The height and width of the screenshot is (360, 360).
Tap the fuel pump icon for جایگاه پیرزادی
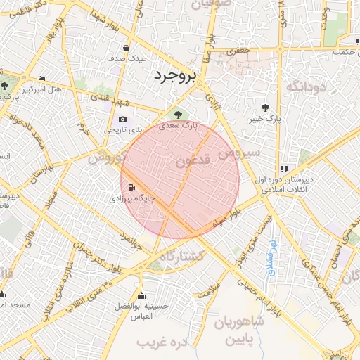131,187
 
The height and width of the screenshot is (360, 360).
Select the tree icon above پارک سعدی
176,114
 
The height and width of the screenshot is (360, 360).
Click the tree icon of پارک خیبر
264,108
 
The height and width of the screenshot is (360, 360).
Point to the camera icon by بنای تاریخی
124,119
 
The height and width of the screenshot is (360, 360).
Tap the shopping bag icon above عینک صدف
126,49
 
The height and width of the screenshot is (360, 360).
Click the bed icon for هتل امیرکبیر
41,78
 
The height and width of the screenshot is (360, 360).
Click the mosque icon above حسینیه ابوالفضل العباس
143,295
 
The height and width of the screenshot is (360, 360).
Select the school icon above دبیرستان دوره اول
283,168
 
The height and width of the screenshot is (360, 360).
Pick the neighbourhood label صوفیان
207,4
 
